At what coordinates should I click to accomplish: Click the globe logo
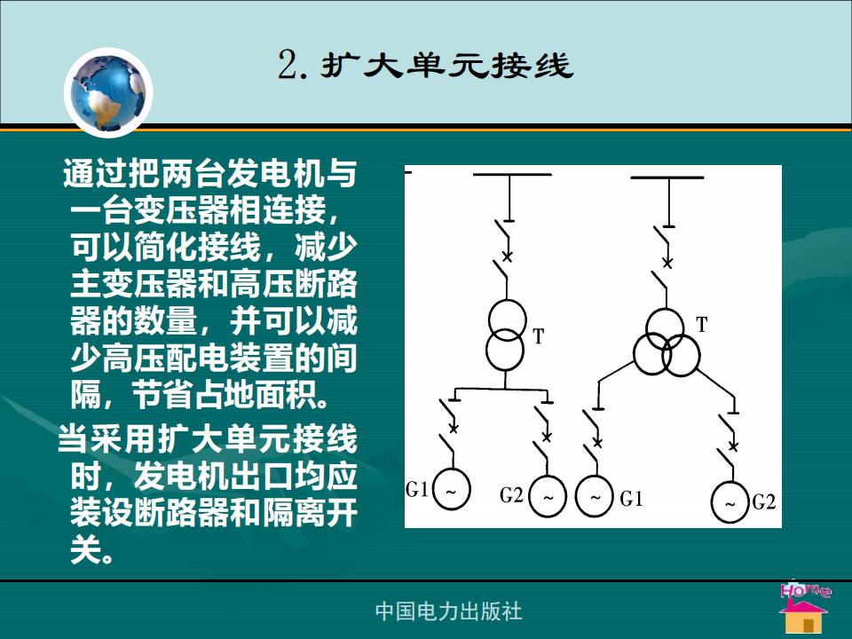(108, 92)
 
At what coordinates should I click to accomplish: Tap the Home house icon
(805, 609)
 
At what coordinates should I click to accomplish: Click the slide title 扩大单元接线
(446, 65)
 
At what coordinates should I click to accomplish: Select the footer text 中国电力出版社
(448, 611)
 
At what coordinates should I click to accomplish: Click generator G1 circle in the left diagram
(451, 489)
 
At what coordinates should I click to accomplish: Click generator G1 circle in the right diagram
(595, 497)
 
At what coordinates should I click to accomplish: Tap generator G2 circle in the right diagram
(730, 502)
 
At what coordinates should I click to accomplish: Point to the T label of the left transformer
(538, 337)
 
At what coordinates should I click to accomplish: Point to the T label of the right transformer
(702, 325)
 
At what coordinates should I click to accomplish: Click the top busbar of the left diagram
(512, 175)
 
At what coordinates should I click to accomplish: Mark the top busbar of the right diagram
(667, 177)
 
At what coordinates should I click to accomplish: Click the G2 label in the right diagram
(764, 502)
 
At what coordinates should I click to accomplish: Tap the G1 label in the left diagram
(417, 490)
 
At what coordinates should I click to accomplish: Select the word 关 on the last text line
(86, 550)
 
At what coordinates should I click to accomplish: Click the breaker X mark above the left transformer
(508, 256)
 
